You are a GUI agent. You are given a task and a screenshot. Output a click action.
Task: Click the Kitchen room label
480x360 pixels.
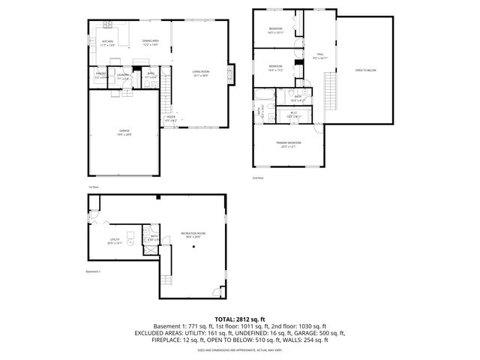point(108,43)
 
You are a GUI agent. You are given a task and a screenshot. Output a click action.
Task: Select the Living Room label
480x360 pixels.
point(200,73)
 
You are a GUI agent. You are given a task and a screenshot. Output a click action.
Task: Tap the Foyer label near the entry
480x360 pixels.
point(171,118)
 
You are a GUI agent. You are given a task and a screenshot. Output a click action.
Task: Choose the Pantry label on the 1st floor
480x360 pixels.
point(100,76)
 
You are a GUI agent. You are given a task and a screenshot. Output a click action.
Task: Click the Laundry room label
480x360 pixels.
point(124,76)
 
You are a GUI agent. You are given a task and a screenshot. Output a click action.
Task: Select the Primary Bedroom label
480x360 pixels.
point(289,145)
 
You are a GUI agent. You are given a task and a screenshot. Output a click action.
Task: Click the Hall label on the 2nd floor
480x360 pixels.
point(319,55)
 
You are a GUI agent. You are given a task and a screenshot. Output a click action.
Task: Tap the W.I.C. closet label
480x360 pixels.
point(293,115)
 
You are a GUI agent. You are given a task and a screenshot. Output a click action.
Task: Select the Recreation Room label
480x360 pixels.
point(193,235)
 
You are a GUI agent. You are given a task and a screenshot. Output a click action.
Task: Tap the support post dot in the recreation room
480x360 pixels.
point(193,247)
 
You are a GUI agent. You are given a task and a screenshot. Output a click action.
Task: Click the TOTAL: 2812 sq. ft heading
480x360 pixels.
point(240,319)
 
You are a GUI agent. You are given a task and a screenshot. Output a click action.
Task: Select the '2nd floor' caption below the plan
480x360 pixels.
point(259,178)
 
